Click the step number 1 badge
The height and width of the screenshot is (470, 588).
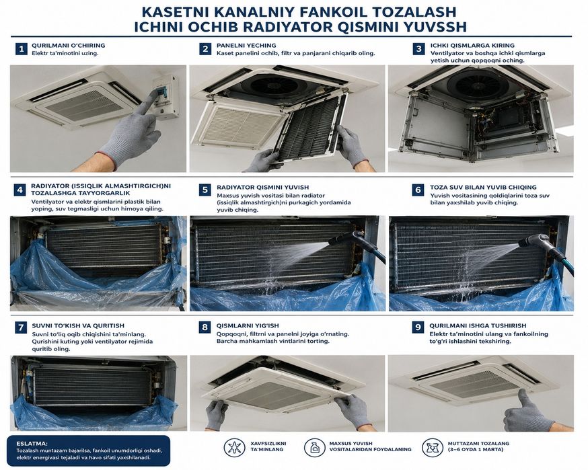[22, 49]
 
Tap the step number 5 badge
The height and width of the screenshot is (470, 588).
[205, 190]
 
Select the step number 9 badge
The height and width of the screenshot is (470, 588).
[418, 327]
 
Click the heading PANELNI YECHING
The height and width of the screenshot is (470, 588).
[246, 45]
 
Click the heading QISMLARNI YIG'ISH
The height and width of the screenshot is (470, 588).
[248, 325]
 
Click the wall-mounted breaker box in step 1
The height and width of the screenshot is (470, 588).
[166, 97]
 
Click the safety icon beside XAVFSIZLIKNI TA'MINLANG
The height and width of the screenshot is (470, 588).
[234, 447]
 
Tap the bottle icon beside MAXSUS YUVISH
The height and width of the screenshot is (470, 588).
[315, 447]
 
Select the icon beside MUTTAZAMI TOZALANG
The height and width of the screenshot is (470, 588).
[433, 447]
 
